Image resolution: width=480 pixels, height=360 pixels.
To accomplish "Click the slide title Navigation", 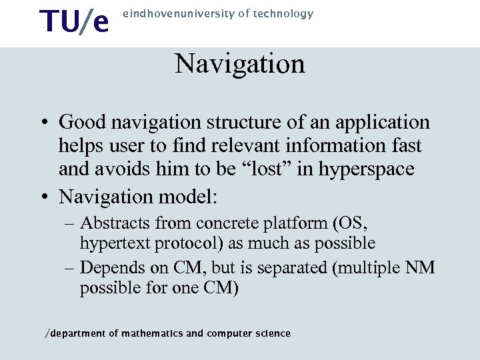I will [240, 65].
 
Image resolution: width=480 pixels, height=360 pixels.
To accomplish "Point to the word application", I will [390, 123].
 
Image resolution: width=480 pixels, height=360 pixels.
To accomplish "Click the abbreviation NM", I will [419, 267].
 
